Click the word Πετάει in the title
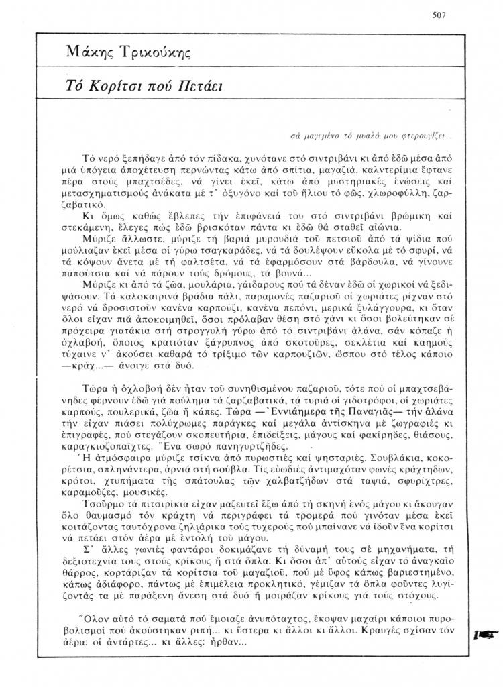point(201,86)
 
